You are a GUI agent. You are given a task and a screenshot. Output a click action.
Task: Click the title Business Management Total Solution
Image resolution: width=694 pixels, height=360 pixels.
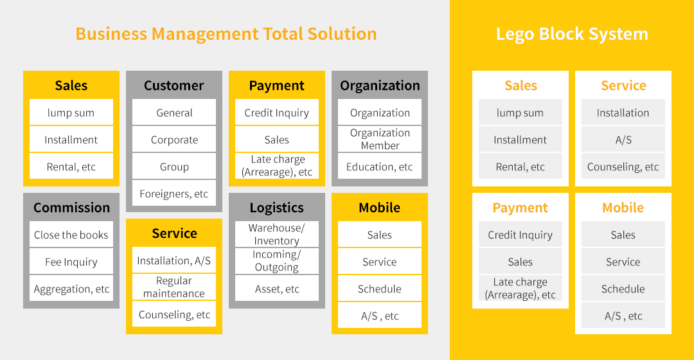pos(226,34)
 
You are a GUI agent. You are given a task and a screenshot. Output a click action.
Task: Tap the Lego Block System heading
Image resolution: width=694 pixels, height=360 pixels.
pos(572,34)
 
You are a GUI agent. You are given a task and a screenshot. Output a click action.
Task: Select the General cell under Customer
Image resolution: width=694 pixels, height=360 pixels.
pos(174,113)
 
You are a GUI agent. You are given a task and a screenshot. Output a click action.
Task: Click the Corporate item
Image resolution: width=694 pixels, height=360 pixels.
pos(174,139)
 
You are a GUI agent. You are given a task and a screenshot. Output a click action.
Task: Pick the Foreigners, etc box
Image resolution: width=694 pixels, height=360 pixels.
pos(174,194)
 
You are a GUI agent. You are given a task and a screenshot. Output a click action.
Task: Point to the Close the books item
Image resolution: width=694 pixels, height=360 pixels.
pos(71,235)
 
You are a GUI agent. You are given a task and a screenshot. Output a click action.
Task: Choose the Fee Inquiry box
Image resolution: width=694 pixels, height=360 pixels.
pos(71,262)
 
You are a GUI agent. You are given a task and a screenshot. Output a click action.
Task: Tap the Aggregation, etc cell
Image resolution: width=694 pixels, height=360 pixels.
pos(71,289)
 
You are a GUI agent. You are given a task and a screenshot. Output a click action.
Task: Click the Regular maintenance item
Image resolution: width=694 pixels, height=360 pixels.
pos(174,287)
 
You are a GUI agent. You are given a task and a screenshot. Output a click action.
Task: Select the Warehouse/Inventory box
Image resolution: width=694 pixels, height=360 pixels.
pos(276,234)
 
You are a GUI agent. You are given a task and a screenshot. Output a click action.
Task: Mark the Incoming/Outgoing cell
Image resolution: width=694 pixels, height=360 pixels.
pos(276,261)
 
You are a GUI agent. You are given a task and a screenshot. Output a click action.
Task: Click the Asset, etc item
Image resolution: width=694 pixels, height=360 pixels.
pos(276,289)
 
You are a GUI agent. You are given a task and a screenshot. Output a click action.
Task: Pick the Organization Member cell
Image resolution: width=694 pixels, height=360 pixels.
pos(380,139)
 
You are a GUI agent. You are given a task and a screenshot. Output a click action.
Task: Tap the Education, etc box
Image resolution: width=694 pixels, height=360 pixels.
pos(380,166)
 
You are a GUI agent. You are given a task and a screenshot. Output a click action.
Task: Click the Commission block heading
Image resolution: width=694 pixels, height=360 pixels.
pos(72,207)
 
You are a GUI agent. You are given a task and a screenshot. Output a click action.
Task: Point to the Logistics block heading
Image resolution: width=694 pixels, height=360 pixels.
pos(276,208)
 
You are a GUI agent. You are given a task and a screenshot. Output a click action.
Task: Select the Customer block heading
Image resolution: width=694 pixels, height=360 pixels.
pos(174,85)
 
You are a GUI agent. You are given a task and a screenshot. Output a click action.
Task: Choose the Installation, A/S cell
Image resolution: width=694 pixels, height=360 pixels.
pos(174,260)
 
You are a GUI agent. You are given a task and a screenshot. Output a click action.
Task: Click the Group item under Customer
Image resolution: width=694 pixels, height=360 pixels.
pos(174,166)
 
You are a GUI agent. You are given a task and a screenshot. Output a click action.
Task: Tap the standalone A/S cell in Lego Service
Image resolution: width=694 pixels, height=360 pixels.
pos(623,139)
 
